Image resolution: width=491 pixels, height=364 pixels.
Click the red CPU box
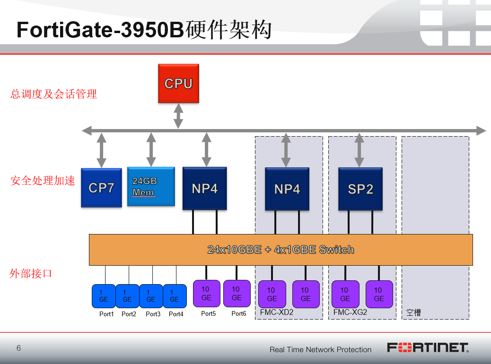coord(178,84)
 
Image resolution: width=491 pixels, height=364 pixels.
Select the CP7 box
coord(101,188)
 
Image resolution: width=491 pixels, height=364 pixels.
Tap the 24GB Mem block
coord(151,187)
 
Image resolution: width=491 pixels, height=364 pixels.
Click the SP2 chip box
coord(360,189)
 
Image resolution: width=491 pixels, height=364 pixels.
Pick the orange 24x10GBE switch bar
coord(281,250)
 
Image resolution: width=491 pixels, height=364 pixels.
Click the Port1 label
coord(106,314)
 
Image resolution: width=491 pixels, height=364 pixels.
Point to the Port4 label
coord(176,314)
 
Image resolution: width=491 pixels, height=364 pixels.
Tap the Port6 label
coord(239,313)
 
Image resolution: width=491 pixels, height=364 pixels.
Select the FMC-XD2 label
coord(277,312)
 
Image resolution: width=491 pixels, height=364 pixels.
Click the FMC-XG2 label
coord(350,312)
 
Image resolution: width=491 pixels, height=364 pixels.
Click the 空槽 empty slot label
coord(413,312)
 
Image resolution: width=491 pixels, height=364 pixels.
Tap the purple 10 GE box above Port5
coord(207,294)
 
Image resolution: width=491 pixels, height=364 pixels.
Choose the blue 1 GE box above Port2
coord(127,296)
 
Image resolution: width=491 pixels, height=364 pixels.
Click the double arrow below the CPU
coord(178,116)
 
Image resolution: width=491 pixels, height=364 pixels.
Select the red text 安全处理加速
coord(43,181)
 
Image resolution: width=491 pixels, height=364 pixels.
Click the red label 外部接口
coord(31,273)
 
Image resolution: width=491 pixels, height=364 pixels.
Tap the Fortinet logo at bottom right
coord(428,348)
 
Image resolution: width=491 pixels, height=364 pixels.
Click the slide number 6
coord(19,348)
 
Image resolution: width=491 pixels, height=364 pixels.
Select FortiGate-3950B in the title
coord(100,30)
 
